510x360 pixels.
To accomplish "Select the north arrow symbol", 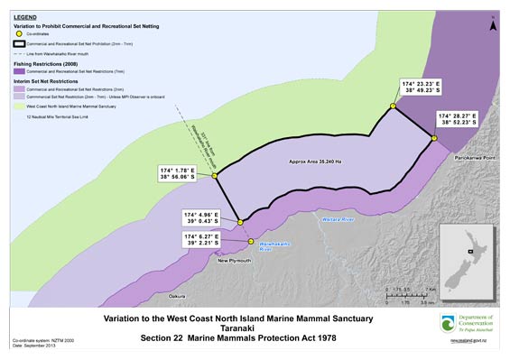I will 492,25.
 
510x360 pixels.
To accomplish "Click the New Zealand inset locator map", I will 469,253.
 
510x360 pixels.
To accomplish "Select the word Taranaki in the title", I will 232,329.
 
